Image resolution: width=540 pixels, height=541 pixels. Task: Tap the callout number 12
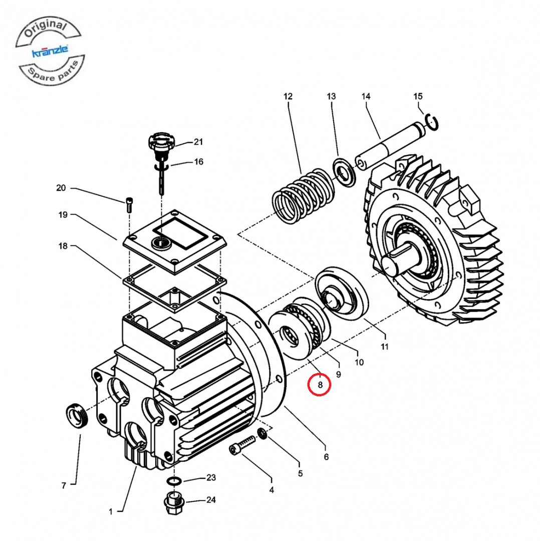pyautogui.click(x=288, y=96)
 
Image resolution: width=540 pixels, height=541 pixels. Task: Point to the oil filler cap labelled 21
pyautogui.click(x=161, y=141)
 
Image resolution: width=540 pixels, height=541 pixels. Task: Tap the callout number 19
pyautogui.click(x=63, y=215)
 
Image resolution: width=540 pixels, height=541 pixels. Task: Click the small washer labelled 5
pyautogui.click(x=261, y=433)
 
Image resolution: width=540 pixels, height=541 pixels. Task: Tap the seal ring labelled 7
pyautogui.click(x=77, y=415)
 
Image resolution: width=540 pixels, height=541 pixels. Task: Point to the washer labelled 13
pyautogui.click(x=344, y=171)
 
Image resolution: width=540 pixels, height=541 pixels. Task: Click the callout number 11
pyautogui.click(x=385, y=346)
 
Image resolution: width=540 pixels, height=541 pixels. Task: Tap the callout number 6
pyautogui.click(x=326, y=457)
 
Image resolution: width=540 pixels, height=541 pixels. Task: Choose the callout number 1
pyautogui.click(x=111, y=511)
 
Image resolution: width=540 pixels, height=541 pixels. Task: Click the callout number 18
pyautogui.click(x=63, y=246)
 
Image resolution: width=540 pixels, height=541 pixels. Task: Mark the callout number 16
pyautogui.click(x=199, y=162)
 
